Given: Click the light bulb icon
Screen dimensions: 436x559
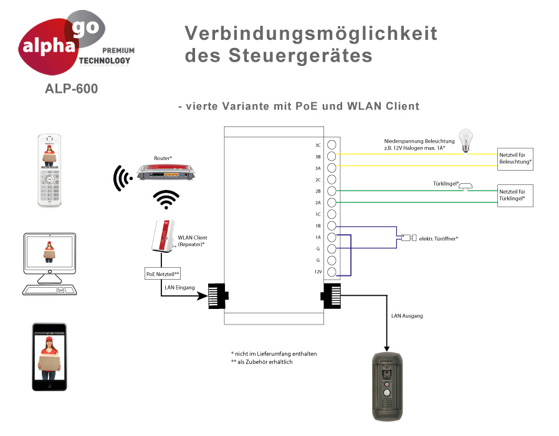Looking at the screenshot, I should pos(464,140).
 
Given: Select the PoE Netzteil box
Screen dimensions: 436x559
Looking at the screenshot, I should pos(162,274).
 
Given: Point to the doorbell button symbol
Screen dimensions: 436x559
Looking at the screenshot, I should pos(468,186).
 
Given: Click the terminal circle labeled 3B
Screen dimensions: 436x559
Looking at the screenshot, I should pos(332,156).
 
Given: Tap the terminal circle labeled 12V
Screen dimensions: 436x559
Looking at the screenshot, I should pos(332,272).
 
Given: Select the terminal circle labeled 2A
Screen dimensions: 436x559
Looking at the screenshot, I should pos(332,202).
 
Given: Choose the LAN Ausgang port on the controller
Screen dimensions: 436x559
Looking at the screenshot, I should pos(330,295).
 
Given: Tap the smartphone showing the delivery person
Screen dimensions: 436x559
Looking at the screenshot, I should pos(49,356).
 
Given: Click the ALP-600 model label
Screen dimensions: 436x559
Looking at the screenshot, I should pos(71,89).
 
